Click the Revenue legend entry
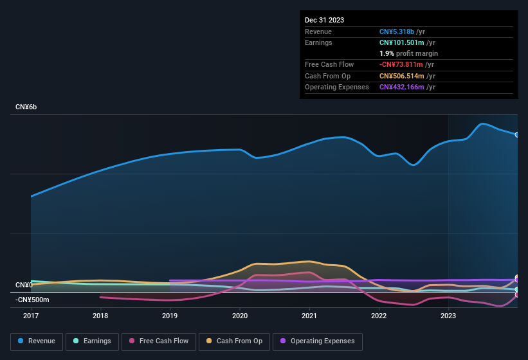click(37, 341)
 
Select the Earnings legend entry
click(92, 341)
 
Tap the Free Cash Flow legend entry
click(158, 341)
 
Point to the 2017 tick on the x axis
click(31, 316)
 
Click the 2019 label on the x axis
click(170, 316)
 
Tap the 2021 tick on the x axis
click(309, 316)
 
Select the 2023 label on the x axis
click(448, 316)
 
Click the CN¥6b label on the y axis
click(26, 107)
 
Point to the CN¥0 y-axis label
click(24, 285)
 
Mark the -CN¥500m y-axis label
click(32, 300)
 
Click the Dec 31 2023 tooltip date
click(324, 20)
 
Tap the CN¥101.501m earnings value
click(402, 42)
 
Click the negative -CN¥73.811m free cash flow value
click(401, 64)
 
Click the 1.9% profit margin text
click(408, 53)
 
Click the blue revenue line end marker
click(516, 135)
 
